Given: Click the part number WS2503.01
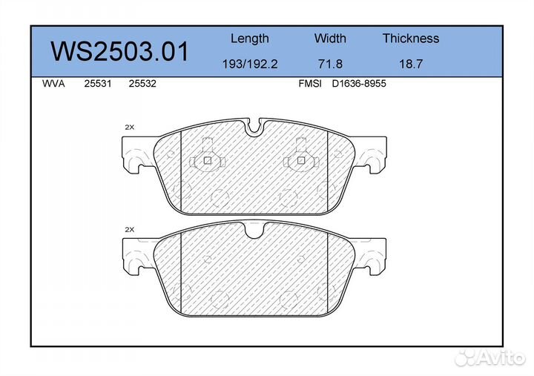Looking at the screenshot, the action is tap(119, 51).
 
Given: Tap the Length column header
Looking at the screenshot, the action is tap(250, 39).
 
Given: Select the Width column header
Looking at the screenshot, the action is tap(330, 38).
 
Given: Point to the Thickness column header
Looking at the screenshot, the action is tap(411, 38).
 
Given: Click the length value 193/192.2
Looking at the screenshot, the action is tap(250, 64).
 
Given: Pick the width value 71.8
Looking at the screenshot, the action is tap(330, 64).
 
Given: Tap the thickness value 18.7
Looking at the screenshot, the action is tap(411, 64).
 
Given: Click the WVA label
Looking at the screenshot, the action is tap(53, 84).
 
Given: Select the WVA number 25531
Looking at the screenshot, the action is tap(98, 84).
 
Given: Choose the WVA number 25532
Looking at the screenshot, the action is tap(142, 84).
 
